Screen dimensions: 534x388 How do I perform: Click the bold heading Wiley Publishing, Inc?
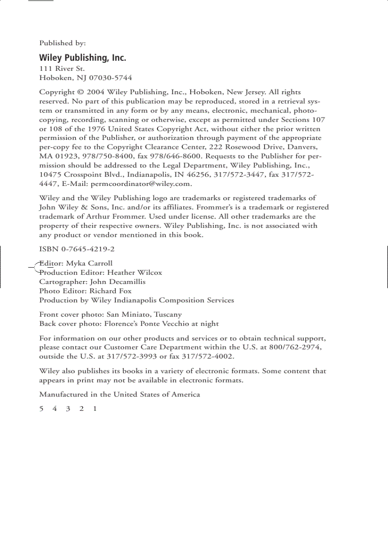point(82,58)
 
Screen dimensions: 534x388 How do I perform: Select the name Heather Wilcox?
point(135,272)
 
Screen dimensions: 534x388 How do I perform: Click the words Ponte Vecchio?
point(155,323)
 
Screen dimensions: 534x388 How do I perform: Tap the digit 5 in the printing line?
point(41,408)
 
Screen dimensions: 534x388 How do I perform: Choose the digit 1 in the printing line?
point(95,408)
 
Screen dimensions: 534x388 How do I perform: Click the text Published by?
point(62,43)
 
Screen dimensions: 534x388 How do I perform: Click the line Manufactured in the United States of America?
point(119,394)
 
